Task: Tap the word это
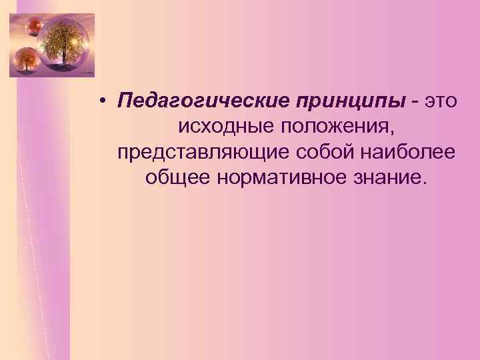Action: pos(441,101)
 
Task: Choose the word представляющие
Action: pos(203,152)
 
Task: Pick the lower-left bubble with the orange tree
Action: pos(27,61)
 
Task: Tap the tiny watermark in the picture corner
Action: pos(87,71)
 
